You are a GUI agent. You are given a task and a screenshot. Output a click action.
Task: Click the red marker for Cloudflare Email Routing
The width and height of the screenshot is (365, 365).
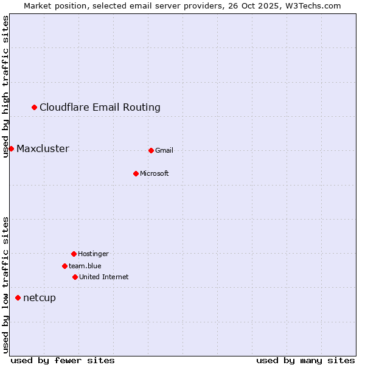[x=35, y=108]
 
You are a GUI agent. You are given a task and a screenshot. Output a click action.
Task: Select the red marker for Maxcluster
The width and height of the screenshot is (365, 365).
[x=11, y=148]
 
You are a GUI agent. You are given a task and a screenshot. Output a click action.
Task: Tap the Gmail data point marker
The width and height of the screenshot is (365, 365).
[x=151, y=150]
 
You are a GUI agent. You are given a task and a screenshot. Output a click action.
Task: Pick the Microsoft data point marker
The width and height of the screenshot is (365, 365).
[x=136, y=173]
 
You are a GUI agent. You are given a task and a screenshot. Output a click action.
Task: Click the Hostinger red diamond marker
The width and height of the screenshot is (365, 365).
[x=74, y=254]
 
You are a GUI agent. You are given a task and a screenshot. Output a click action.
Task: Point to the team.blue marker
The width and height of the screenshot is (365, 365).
[x=64, y=266]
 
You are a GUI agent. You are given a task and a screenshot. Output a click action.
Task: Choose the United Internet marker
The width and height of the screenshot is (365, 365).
[x=75, y=277]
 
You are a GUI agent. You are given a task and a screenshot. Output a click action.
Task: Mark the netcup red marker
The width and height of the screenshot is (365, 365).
[x=18, y=297]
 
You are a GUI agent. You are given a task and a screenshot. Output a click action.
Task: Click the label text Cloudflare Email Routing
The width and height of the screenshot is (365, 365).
[x=100, y=108]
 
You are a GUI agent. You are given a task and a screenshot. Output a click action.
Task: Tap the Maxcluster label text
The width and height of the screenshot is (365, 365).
[x=43, y=149]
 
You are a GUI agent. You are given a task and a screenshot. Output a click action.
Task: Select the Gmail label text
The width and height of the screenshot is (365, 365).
[x=164, y=151]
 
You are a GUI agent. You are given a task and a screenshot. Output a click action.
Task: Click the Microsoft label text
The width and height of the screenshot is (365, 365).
[x=154, y=174]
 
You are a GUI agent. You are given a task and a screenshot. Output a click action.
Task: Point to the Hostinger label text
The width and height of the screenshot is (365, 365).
[x=93, y=254]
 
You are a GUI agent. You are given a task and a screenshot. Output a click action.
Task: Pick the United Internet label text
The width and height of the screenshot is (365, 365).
[x=103, y=277]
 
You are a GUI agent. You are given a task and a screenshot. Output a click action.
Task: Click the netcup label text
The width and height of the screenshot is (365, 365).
[x=39, y=298]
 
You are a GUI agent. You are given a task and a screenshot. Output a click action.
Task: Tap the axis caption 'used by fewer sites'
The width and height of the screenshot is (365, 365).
[x=63, y=361]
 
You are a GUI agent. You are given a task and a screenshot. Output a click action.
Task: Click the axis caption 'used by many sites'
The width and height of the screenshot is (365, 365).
[x=305, y=361]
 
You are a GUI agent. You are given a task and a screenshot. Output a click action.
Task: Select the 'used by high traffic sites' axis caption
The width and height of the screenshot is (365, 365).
[x=5, y=86]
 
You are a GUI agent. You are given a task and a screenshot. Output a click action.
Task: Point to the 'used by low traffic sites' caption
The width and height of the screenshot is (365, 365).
[x=5, y=285]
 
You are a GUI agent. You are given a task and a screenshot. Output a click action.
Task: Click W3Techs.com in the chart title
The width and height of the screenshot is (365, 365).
[x=312, y=5]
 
